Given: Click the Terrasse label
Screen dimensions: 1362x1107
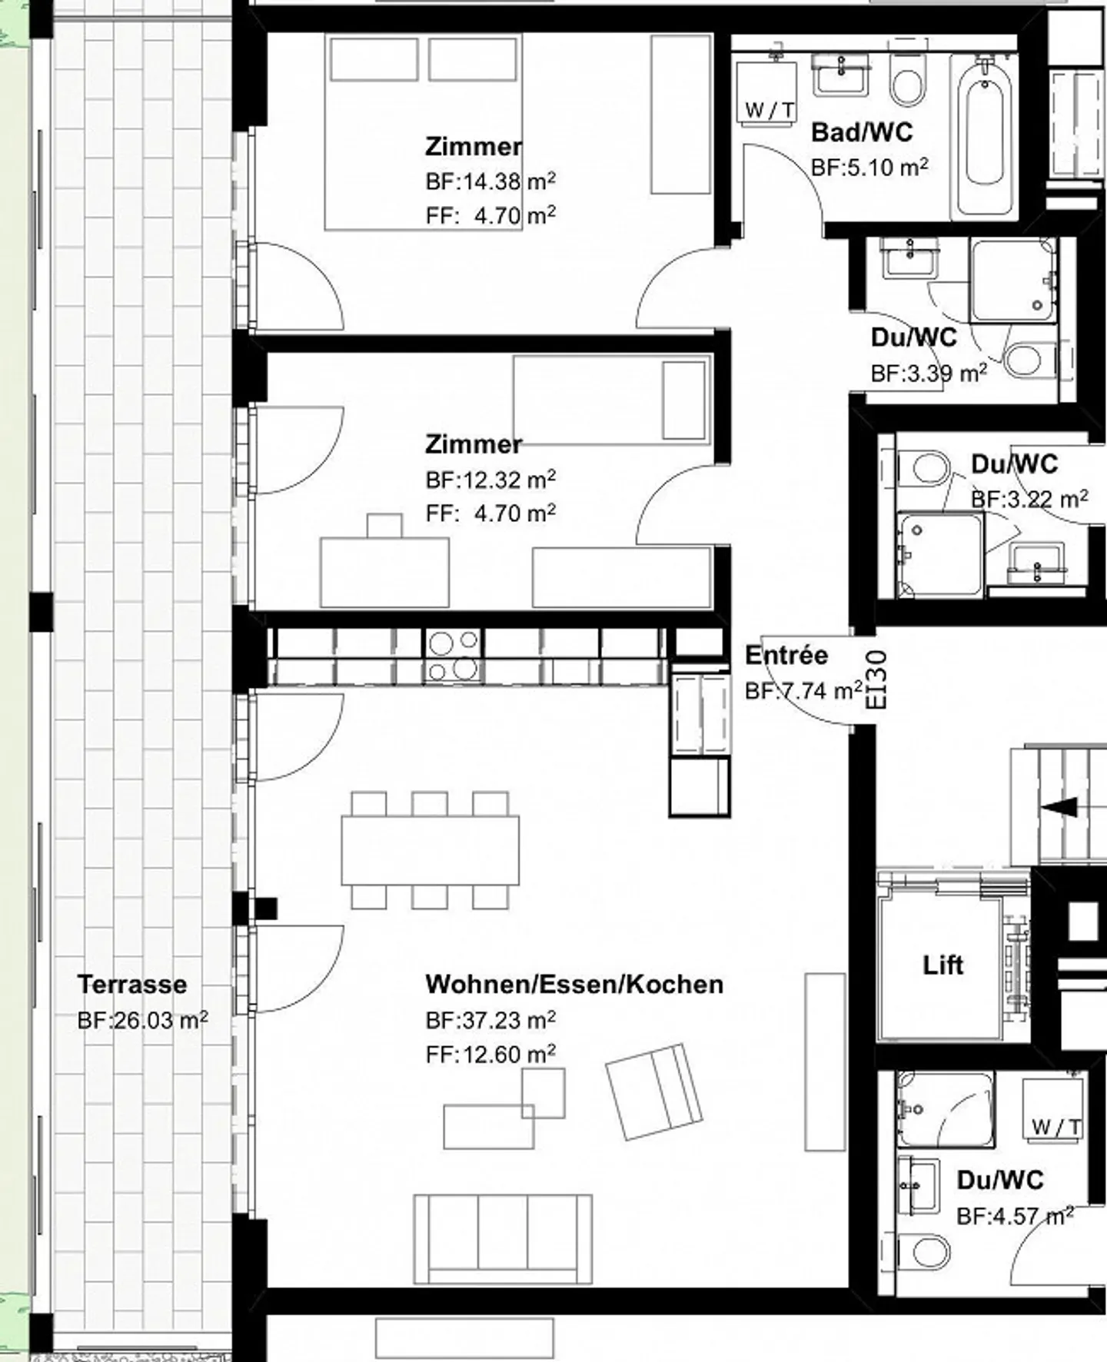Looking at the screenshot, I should (131, 985).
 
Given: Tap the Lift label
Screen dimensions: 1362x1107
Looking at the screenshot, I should (942, 965).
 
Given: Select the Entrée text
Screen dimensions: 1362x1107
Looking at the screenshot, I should (786, 656).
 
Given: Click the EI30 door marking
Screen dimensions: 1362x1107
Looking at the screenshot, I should (876, 681).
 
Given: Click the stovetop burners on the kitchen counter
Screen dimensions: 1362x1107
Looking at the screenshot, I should (454, 656).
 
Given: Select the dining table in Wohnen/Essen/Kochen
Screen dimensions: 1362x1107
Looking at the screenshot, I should (430, 851).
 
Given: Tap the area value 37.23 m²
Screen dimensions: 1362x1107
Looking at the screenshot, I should (490, 1021).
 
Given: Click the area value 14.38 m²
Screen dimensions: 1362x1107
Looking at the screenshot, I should (490, 182).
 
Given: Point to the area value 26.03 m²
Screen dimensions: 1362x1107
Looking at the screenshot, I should (142, 1021).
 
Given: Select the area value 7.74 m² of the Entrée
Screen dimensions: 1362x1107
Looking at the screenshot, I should (803, 691).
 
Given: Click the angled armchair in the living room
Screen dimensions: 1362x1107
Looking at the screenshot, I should (653, 1091).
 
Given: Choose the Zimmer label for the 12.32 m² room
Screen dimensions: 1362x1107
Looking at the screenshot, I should (473, 444).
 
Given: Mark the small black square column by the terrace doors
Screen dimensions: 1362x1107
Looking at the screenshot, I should (266, 909).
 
